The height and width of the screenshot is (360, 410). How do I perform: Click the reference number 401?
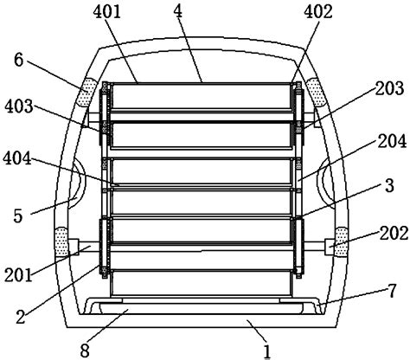pos(107,12)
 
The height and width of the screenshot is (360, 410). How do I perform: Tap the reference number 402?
pos(318,12)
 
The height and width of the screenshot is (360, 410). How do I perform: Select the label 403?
pos(19,106)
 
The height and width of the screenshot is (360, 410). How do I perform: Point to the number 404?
pos(17,158)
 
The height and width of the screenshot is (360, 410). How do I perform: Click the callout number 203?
pos(389,88)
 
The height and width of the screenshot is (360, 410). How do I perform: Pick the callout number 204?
pos(392,141)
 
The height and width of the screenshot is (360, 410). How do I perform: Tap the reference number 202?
pos(394,233)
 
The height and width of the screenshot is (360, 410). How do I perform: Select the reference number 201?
pos(18,275)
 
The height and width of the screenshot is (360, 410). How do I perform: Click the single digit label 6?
pos(18,60)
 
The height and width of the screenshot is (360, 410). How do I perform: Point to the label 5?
pos(18,215)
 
